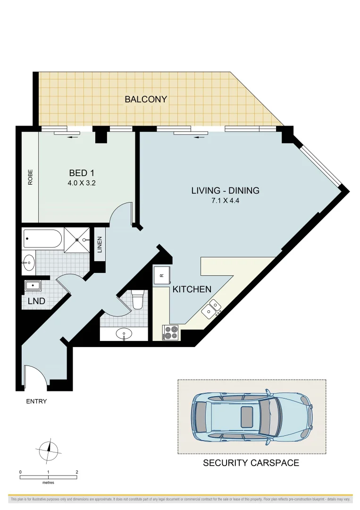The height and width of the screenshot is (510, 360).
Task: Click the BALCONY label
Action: click(x=146, y=99)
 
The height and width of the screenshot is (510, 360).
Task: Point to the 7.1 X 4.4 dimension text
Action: click(x=225, y=200)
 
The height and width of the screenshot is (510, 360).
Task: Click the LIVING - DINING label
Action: click(x=225, y=191)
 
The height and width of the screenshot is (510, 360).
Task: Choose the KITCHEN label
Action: click(x=192, y=289)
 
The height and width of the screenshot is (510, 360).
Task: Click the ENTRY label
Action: click(x=36, y=401)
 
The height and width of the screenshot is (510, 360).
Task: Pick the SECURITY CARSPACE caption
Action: click(x=251, y=463)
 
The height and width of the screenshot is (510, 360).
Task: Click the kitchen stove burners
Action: click(x=170, y=333)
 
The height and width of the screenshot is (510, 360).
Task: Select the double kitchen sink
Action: click(x=211, y=308)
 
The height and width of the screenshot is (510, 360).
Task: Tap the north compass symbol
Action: click(x=49, y=451)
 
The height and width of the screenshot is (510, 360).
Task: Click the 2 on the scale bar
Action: click(x=76, y=472)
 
